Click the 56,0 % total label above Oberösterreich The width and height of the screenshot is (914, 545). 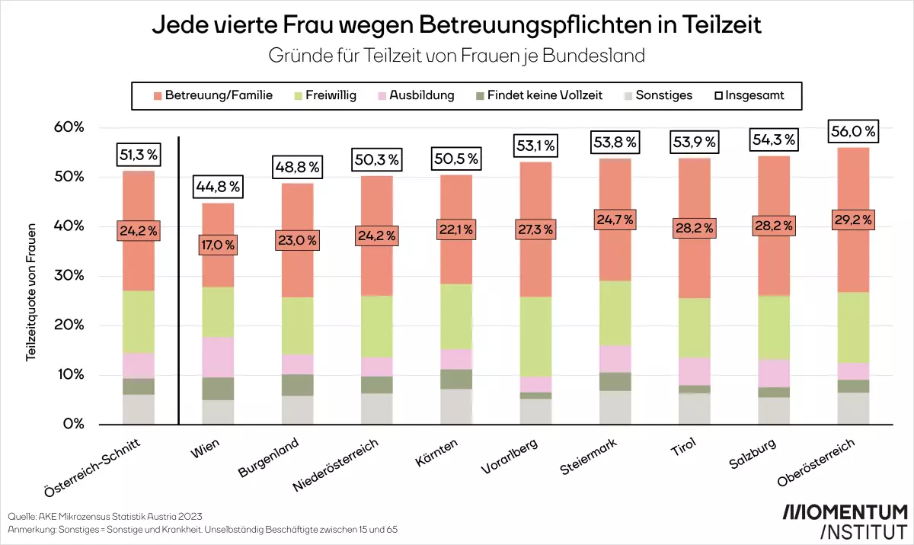pyautogui.click(x=852, y=132)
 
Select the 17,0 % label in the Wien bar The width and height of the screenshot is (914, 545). pyautogui.click(x=218, y=245)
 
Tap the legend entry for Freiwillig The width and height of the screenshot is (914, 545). pyautogui.click(x=324, y=95)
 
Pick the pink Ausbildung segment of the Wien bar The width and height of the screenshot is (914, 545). pyautogui.click(x=218, y=357)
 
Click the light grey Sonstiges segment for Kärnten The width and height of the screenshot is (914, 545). pyautogui.click(x=456, y=406)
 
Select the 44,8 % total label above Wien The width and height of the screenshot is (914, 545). pyautogui.click(x=218, y=185)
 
